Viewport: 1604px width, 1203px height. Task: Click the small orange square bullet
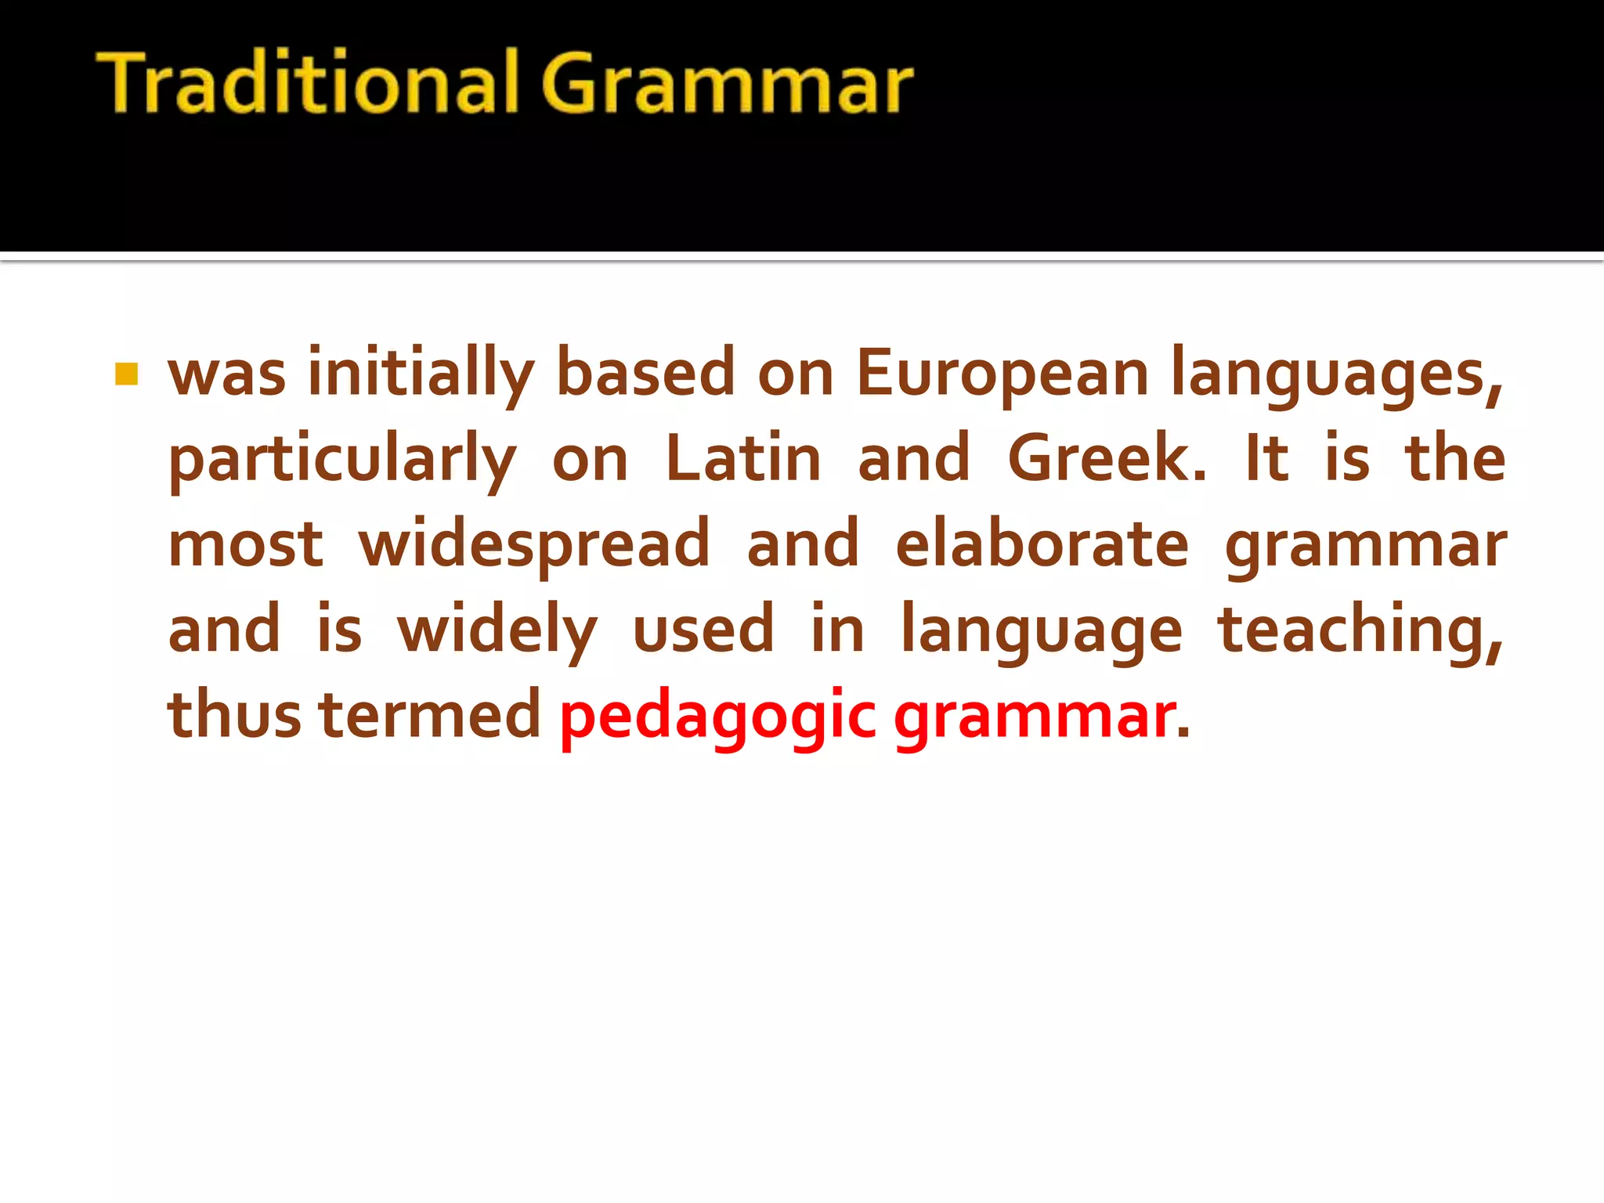tap(126, 374)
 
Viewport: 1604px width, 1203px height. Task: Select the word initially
tap(421, 374)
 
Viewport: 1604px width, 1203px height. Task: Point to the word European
tap(1002, 374)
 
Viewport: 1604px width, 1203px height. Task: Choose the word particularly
tap(342, 461)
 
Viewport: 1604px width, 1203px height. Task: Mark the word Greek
tap(1107, 459)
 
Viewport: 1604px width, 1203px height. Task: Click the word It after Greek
tap(1266, 459)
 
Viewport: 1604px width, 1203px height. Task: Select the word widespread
tap(534, 545)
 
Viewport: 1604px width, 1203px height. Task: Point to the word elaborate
tap(1042, 544)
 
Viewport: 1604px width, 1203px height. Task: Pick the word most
tap(245, 544)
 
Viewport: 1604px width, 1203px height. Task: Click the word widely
tap(497, 630)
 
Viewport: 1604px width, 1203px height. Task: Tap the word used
tap(703, 630)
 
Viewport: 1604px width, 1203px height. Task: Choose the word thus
tap(234, 714)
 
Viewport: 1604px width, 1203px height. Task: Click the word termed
tap(430, 714)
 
